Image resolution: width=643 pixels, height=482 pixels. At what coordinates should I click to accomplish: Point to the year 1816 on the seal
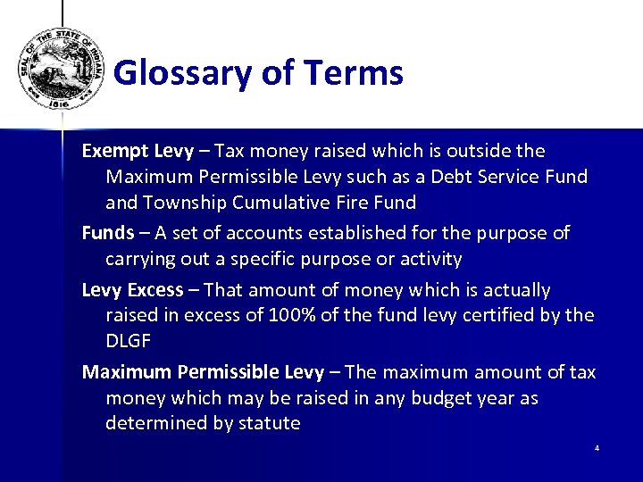[x=58, y=102]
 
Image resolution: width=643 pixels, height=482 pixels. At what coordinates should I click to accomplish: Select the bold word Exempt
[x=114, y=151]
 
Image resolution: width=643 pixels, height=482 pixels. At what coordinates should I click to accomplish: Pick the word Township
[x=184, y=203]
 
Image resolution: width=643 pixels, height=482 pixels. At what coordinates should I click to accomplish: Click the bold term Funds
[x=107, y=234]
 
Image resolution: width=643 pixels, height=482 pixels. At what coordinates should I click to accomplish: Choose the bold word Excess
[x=154, y=291]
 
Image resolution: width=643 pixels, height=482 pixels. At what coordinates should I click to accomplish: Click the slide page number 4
[x=597, y=448]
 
